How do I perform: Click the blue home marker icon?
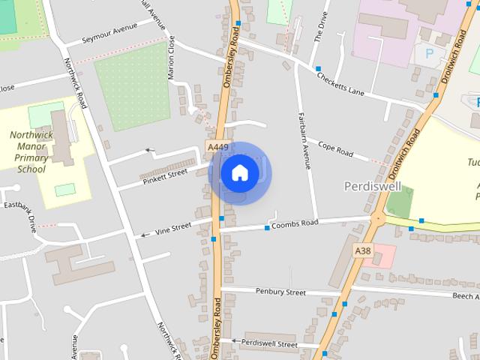pos(239,173)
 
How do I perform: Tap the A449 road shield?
pos(217,148)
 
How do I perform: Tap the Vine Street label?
pos(173,228)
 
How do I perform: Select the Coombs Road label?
pos(295,223)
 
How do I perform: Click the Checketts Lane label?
pos(340,82)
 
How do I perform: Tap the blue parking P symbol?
pos(430,53)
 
